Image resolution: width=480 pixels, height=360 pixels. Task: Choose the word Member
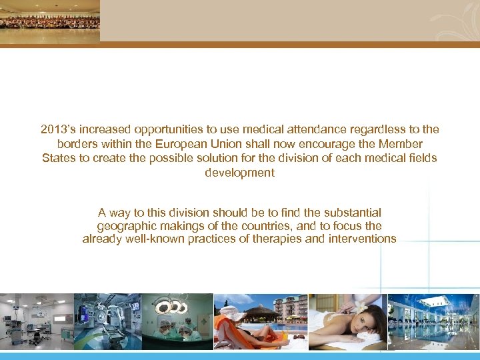[x=402, y=144]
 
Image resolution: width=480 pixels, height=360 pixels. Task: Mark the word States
[x=59, y=158]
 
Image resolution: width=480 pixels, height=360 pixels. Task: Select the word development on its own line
[x=239, y=173]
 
